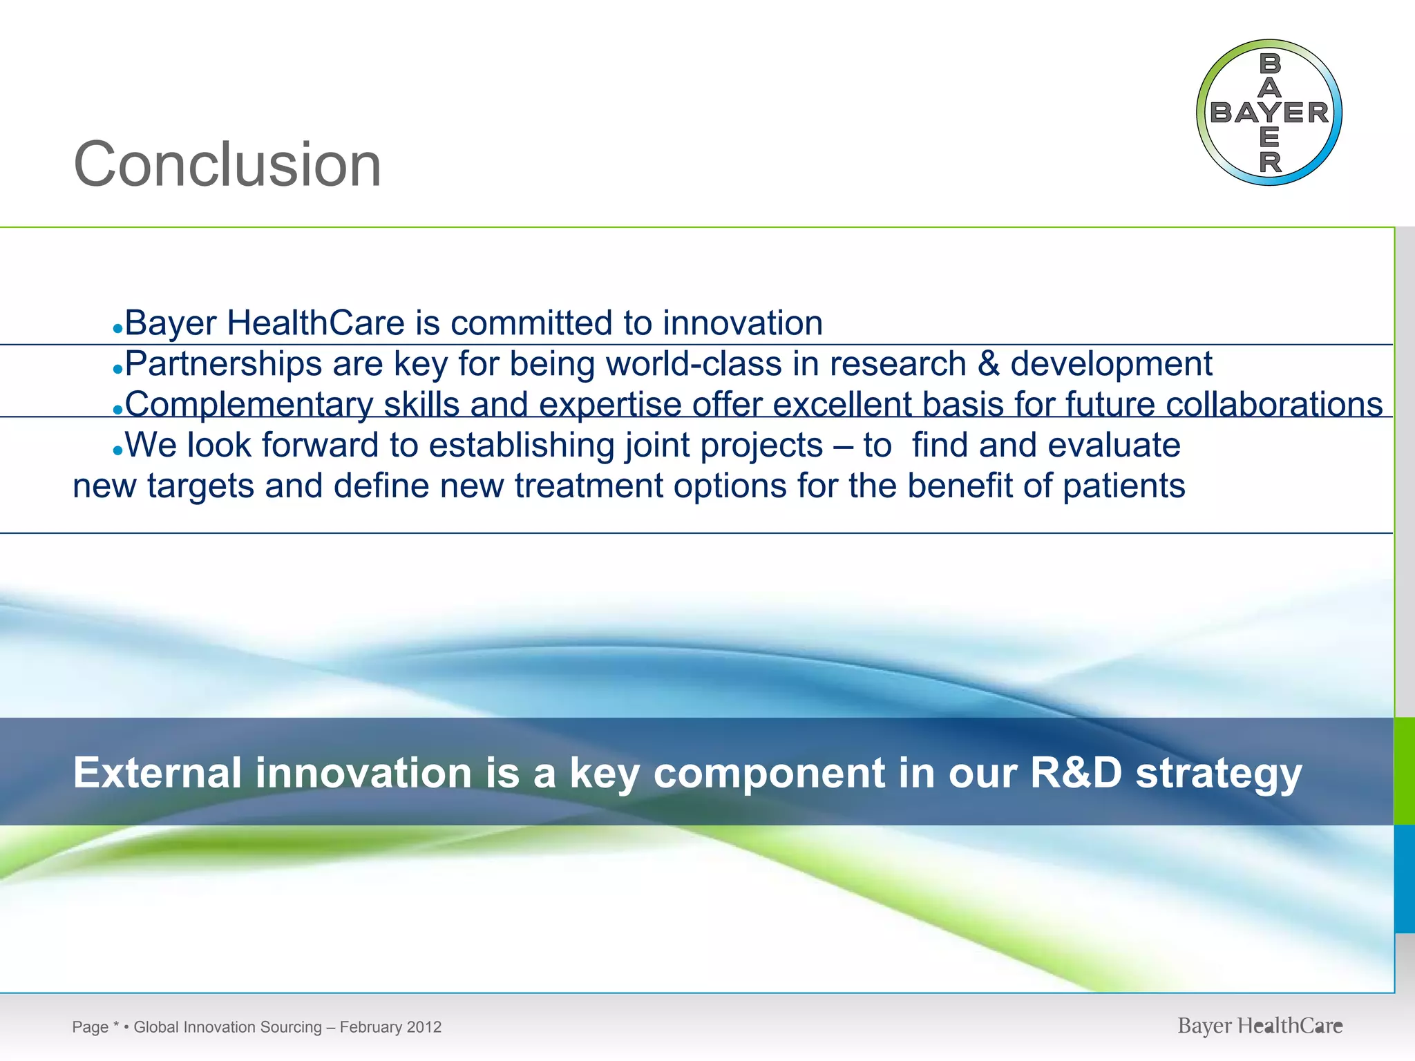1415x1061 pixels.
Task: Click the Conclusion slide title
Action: pyautogui.click(x=227, y=164)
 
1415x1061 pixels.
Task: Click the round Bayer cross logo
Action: pyautogui.click(x=1269, y=113)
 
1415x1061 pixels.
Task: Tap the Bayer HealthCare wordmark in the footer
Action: pyautogui.click(x=1260, y=1026)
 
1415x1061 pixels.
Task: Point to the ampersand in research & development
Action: pyautogui.click(x=988, y=364)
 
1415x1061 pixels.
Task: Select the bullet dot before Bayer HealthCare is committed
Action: pyautogui.click(x=117, y=329)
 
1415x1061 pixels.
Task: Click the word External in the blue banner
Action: pyautogui.click(x=158, y=772)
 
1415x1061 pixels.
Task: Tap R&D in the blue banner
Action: pyautogui.click(x=1076, y=772)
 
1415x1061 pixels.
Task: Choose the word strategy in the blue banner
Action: pyautogui.click(x=1219, y=774)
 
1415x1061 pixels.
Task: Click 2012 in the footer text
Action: pyautogui.click(x=424, y=1027)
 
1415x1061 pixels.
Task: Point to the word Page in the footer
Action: pyautogui.click(x=90, y=1027)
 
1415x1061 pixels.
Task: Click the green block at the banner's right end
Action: pyautogui.click(x=1405, y=771)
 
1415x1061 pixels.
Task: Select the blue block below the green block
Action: pyautogui.click(x=1405, y=879)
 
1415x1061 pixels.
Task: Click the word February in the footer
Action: pyautogui.click(x=371, y=1027)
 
